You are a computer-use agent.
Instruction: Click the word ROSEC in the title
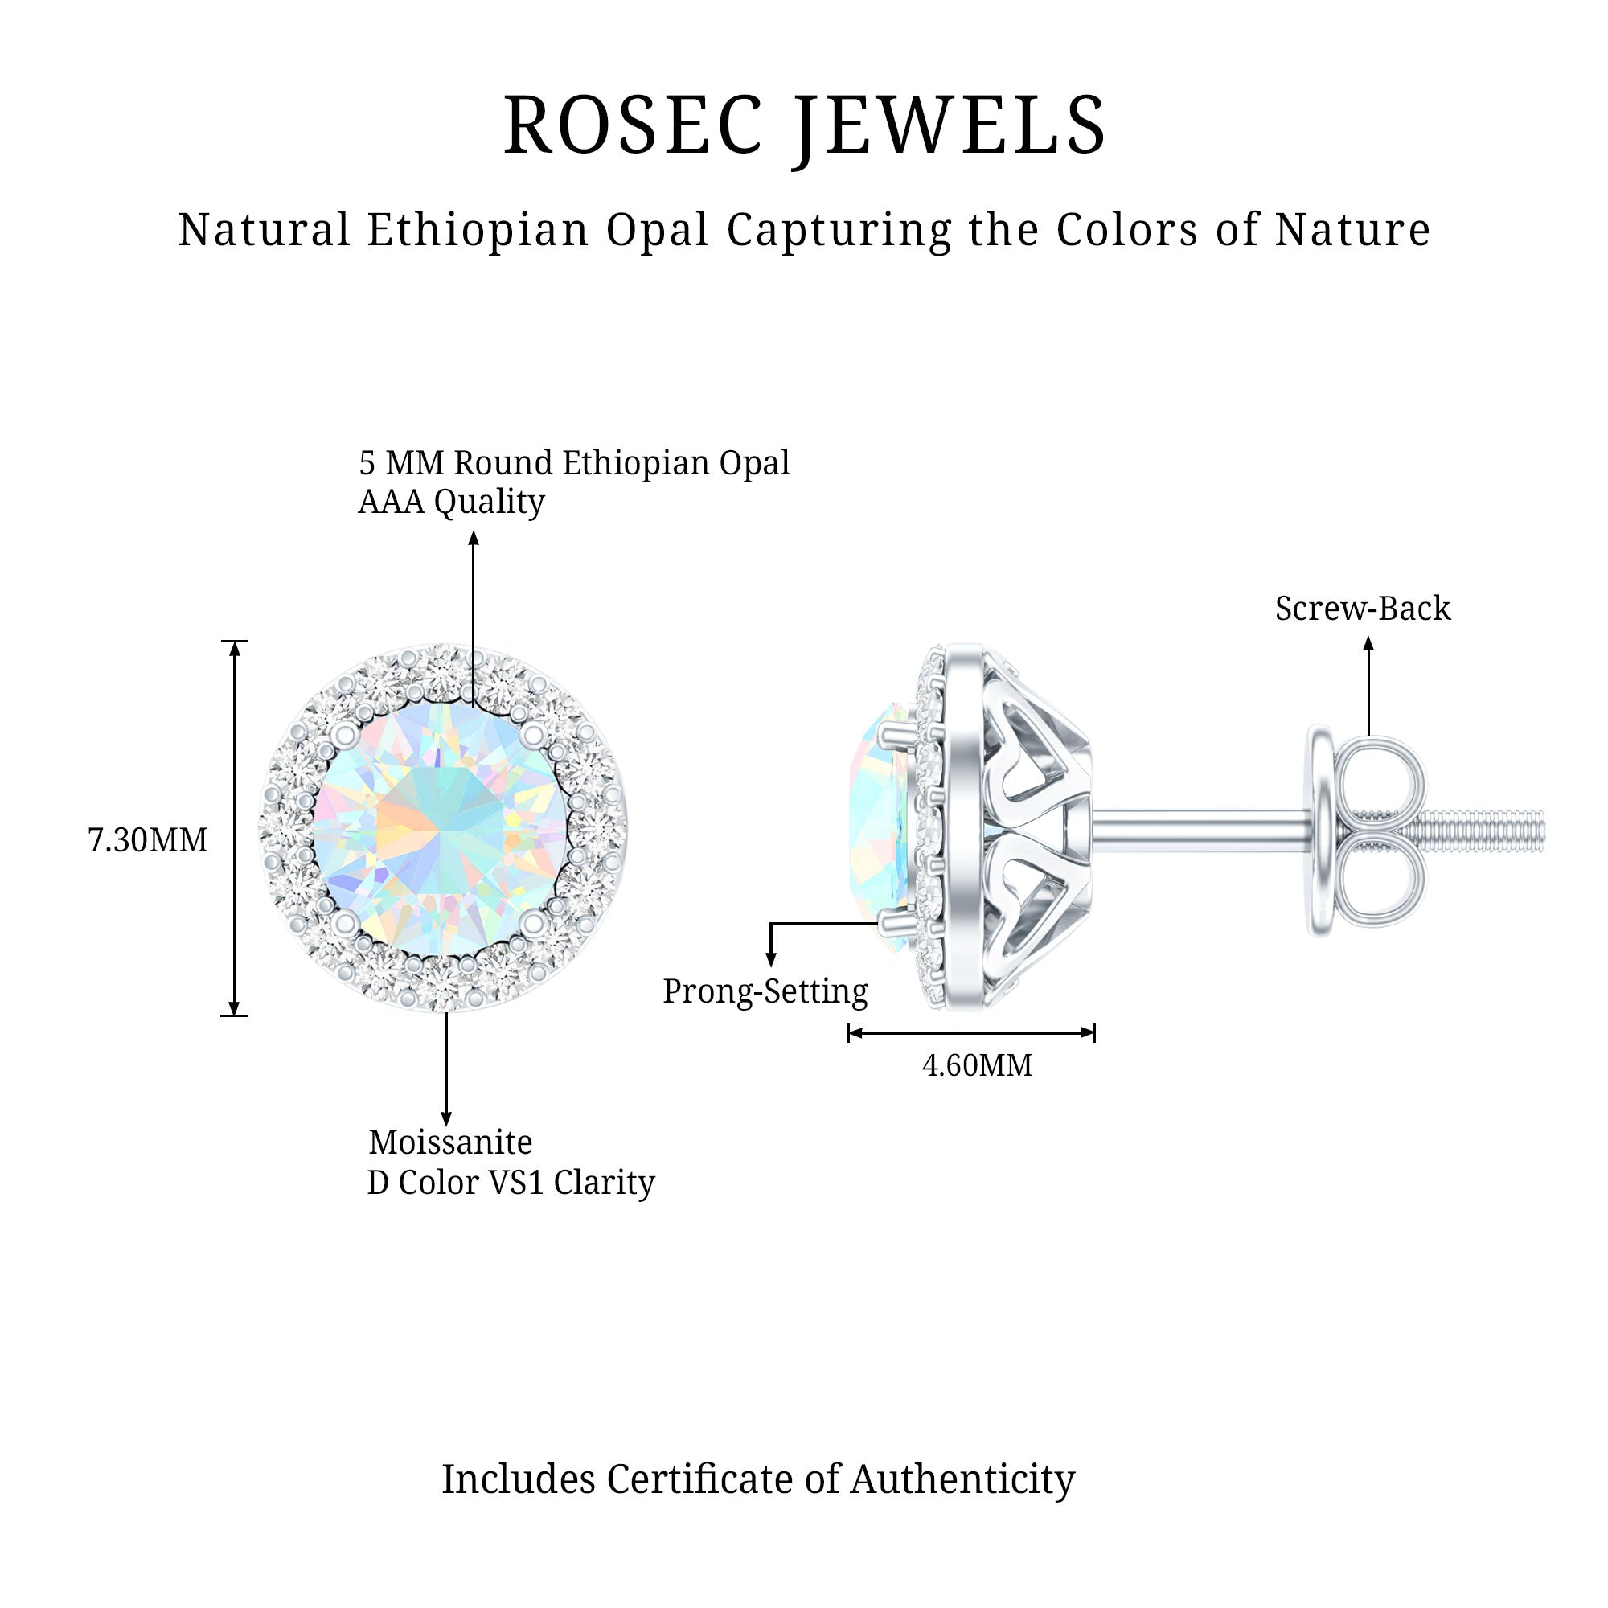633,125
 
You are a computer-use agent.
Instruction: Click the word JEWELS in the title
950,125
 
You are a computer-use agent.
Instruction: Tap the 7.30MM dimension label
147,841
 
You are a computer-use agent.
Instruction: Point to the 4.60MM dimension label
977,1065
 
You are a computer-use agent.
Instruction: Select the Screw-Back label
1363,609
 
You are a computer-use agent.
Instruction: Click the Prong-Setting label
765,991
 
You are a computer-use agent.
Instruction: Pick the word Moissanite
450,1142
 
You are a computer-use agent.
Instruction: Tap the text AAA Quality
451,501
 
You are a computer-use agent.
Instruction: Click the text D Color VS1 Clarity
511,1182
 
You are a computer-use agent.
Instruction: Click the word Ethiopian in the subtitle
478,230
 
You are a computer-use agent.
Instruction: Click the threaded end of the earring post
1490,830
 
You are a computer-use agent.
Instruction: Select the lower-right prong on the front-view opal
535,921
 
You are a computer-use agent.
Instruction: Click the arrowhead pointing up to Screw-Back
1368,643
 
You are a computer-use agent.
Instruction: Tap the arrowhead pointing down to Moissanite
446,1118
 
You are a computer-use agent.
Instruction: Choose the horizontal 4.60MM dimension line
970,1033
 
